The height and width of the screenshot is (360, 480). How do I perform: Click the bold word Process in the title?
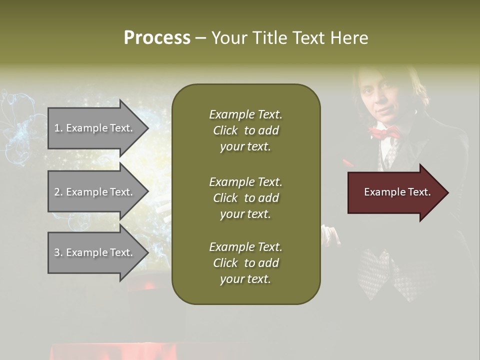[157, 38]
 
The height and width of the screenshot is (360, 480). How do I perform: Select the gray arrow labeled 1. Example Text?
[95, 128]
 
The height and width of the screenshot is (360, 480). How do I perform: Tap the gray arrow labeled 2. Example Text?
[95, 192]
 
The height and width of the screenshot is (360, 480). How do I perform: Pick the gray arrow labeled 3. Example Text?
[95, 252]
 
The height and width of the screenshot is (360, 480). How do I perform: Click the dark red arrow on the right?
[395, 192]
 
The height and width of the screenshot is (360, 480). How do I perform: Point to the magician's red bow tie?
[384, 132]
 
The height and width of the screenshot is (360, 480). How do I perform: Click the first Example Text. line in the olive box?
[245, 114]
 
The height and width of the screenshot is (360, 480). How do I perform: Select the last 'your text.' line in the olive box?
[245, 279]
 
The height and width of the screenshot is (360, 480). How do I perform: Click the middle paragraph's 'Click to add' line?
[245, 198]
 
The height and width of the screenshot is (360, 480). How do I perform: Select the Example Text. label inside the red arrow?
[397, 192]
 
